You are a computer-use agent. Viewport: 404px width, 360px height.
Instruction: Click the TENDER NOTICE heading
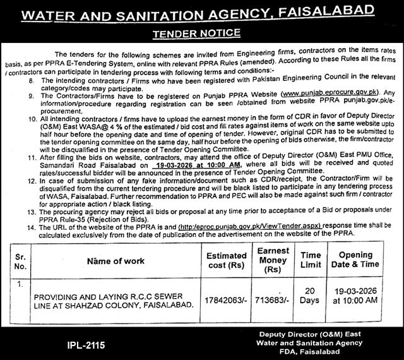pos(201,30)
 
